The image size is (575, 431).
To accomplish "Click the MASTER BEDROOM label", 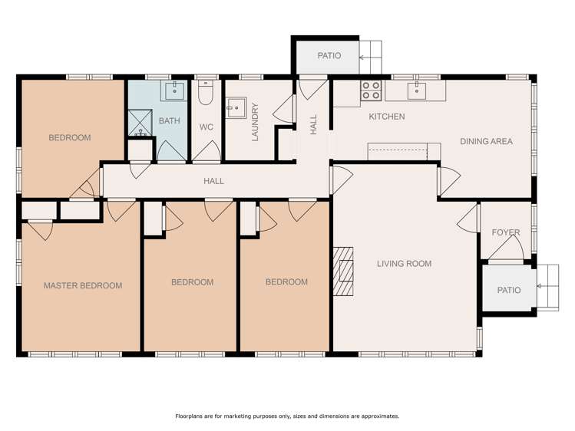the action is click(83, 285).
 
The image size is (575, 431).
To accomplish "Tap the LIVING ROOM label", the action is click(404, 264).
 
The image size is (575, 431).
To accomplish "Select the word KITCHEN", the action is click(387, 117).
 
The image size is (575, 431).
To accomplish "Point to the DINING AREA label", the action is click(486, 141).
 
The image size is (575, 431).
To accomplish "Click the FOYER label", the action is click(506, 232).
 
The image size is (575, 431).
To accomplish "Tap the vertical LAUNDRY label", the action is click(255, 122).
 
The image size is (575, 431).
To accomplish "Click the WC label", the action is click(207, 127).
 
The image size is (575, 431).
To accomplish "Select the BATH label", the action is click(170, 121).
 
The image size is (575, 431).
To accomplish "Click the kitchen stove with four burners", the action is click(371, 90).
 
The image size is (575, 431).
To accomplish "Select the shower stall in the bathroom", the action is click(140, 123).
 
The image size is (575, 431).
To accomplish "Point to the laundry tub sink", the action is click(236, 107).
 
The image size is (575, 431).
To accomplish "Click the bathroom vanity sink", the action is click(174, 90).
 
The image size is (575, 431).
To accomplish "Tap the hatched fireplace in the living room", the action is click(343, 271).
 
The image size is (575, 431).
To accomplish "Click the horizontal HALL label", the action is click(213, 181).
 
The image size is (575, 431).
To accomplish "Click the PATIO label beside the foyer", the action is click(509, 291).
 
